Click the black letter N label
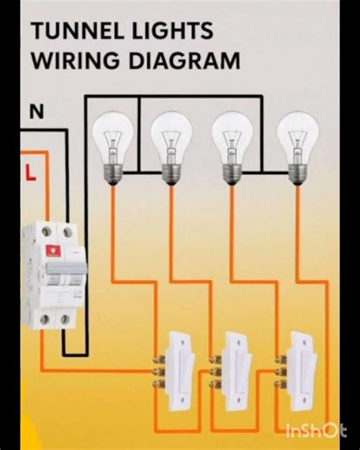[36, 112]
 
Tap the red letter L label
[31, 172]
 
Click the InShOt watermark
[316, 430]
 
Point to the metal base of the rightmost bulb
[292, 173]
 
